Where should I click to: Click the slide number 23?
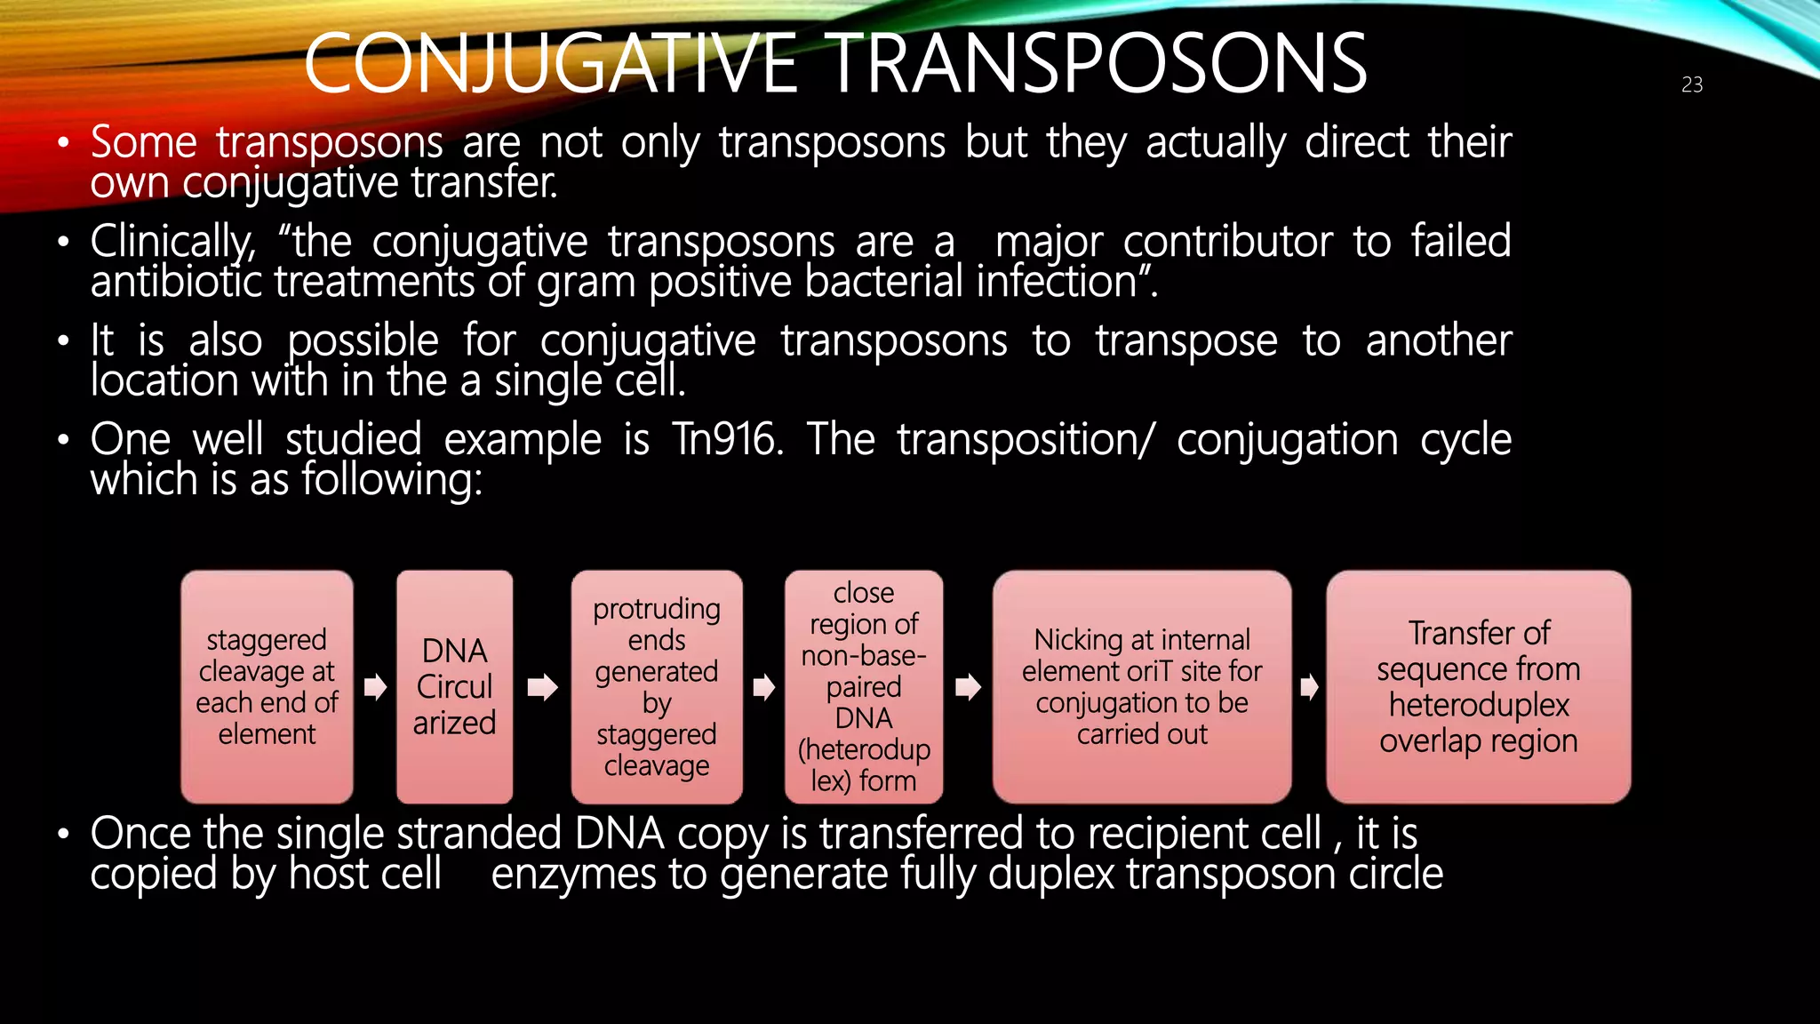tap(1691, 84)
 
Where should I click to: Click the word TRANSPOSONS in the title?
tap(1098, 64)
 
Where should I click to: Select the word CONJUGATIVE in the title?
tap(550, 64)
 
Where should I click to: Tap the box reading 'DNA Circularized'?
tap(454, 687)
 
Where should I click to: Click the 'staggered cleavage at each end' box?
tap(267, 687)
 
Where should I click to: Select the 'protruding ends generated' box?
tap(657, 687)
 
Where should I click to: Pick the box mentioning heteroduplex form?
tap(864, 687)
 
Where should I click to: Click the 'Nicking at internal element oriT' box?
tap(1142, 687)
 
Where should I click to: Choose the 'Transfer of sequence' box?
tap(1478, 687)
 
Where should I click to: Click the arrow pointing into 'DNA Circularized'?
tap(375, 687)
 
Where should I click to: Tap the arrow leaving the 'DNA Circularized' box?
tap(542, 687)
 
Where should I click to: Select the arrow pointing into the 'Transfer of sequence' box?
tap(1309, 687)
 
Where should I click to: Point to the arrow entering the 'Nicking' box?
tap(968, 687)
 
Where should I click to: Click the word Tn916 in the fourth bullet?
tap(727, 439)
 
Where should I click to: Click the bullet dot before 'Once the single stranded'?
tap(62, 835)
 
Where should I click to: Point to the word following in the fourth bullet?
tap(391, 480)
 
